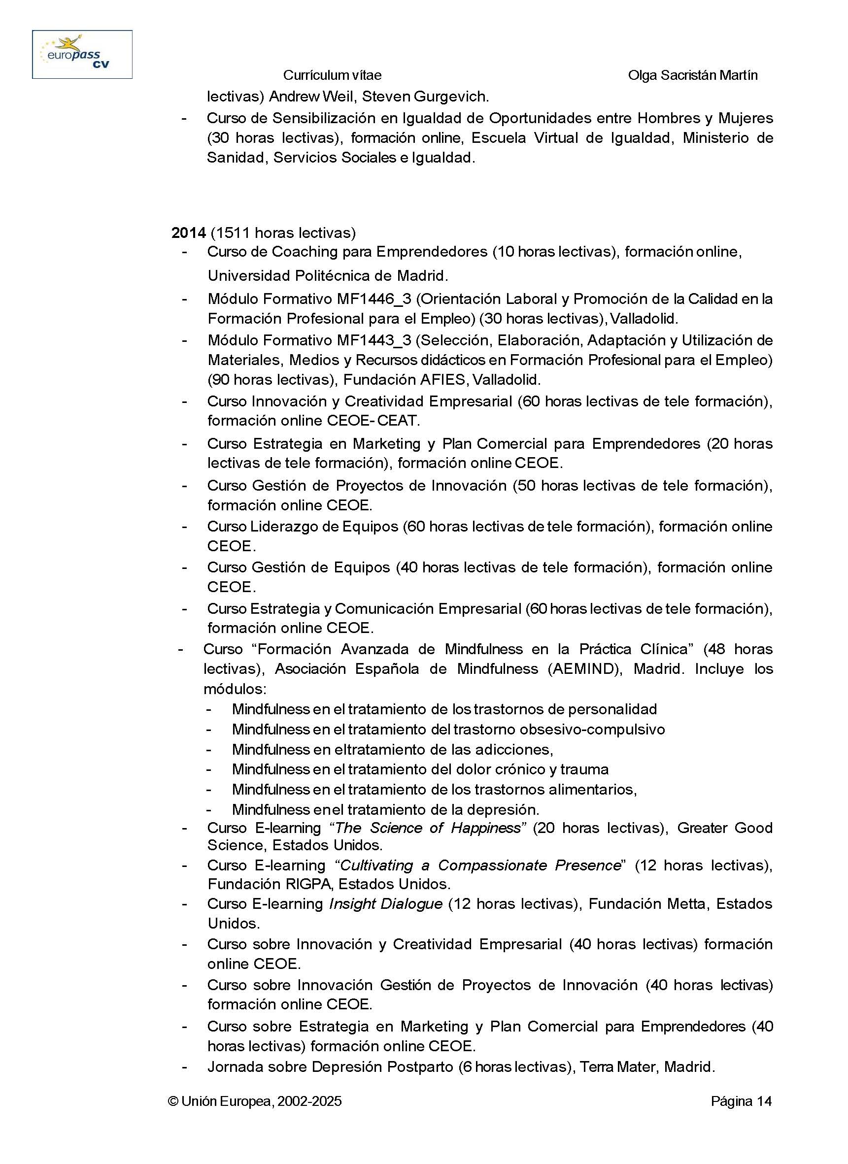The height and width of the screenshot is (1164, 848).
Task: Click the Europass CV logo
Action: [x=82, y=54]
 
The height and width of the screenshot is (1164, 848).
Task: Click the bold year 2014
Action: [x=188, y=233]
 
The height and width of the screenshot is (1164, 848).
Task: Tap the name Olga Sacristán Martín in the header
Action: [x=692, y=75]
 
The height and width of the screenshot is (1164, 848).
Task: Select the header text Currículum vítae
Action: [x=332, y=75]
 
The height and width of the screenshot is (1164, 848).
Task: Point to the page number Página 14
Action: [x=741, y=1101]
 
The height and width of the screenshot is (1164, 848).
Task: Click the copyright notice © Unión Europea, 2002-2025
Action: [x=255, y=1101]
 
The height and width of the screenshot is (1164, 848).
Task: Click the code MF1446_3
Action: [x=373, y=299]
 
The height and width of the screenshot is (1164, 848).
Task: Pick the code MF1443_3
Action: [x=373, y=340]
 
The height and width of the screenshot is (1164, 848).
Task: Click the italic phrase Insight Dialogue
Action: [x=385, y=903]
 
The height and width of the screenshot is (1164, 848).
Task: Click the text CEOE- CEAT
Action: [x=373, y=421]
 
